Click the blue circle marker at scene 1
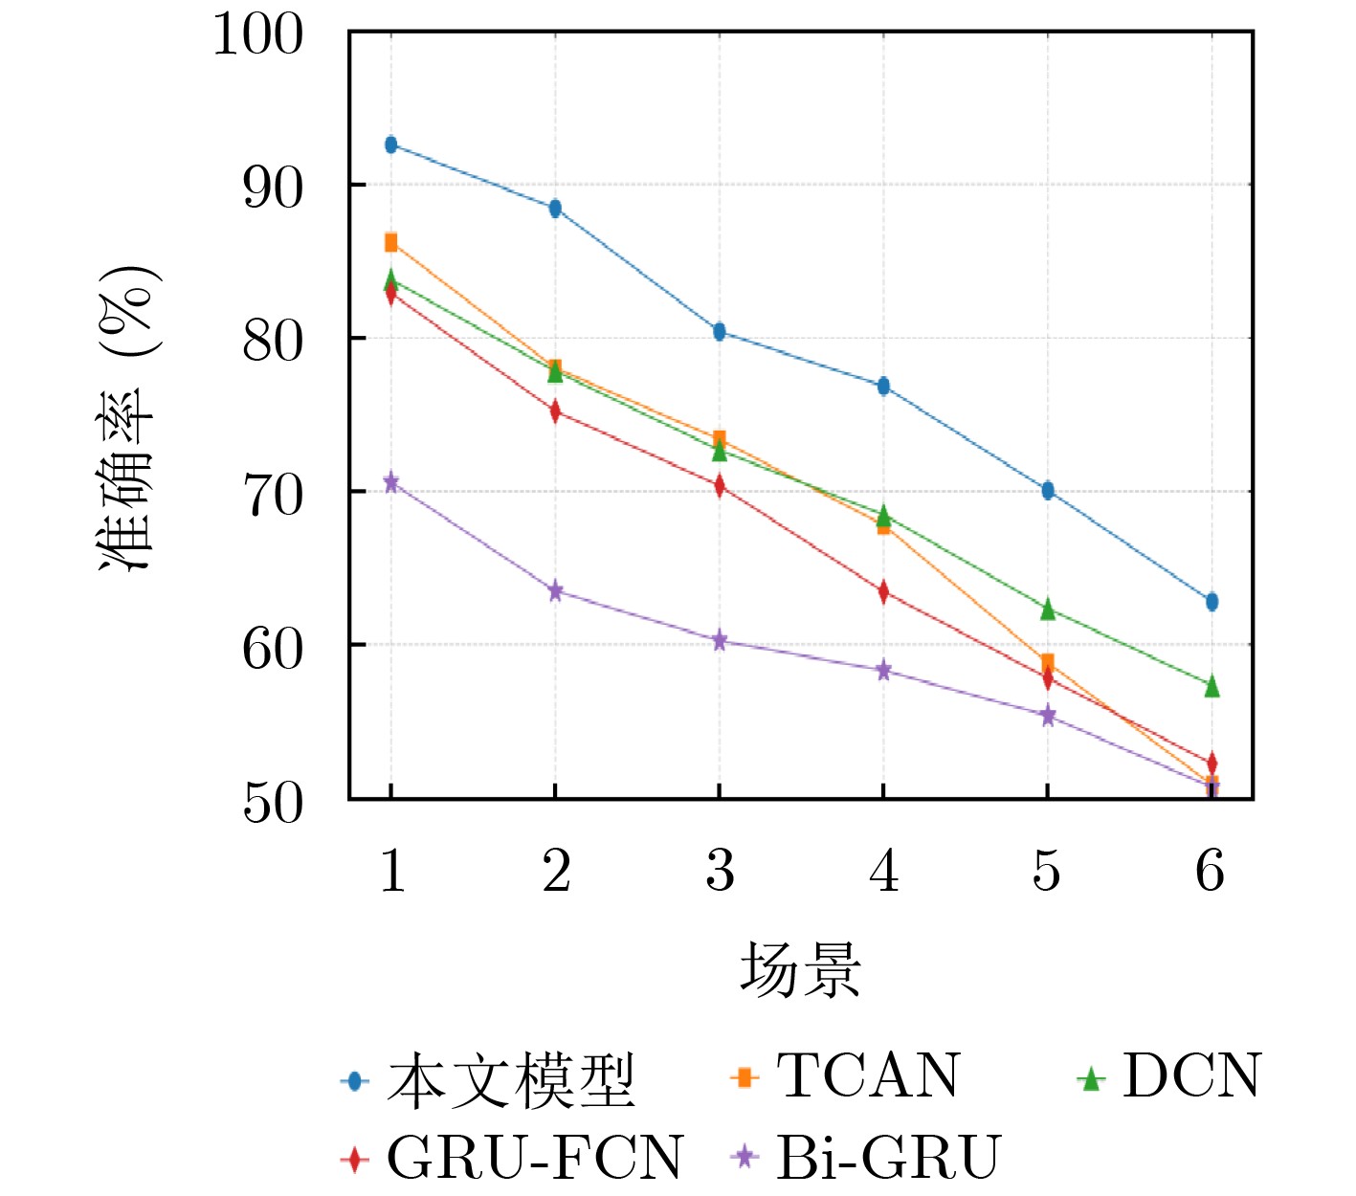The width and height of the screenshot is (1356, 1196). pyautogui.click(x=390, y=144)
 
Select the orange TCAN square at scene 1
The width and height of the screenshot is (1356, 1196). pyautogui.click(x=390, y=242)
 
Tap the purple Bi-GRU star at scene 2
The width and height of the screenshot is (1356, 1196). pyautogui.click(x=555, y=591)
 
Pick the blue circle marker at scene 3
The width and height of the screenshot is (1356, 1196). pyautogui.click(x=719, y=332)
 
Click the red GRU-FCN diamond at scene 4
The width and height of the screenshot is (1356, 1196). pyautogui.click(x=883, y=592)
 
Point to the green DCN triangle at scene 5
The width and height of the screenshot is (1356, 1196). pyautogui.click(x=1048, y=609)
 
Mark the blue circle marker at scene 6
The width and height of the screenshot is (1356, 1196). pyautogui.click(x=1212, y=602)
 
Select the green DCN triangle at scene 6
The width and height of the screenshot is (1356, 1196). pyautogui.click(x=1212, y=686)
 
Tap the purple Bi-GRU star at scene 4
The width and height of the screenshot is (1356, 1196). pyautogui.click(x=883, y=671)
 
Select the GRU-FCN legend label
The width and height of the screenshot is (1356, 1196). pyautogui.click(x=534, y=1157)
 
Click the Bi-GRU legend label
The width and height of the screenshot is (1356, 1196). pyautogui.click(x=888, y=1157)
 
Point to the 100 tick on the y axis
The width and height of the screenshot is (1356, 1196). pyautogui.click(x=257, y=35)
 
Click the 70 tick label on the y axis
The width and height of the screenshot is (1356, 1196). pyautogui.click(x=272, y=495)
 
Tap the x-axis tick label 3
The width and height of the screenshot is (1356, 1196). pyautogui.click(x=720, y=872)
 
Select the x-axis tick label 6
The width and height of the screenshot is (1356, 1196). pyautogui.click(x=1211, y=872)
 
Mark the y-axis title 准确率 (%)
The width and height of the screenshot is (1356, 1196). pyautogui.click(x=128, y=418)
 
